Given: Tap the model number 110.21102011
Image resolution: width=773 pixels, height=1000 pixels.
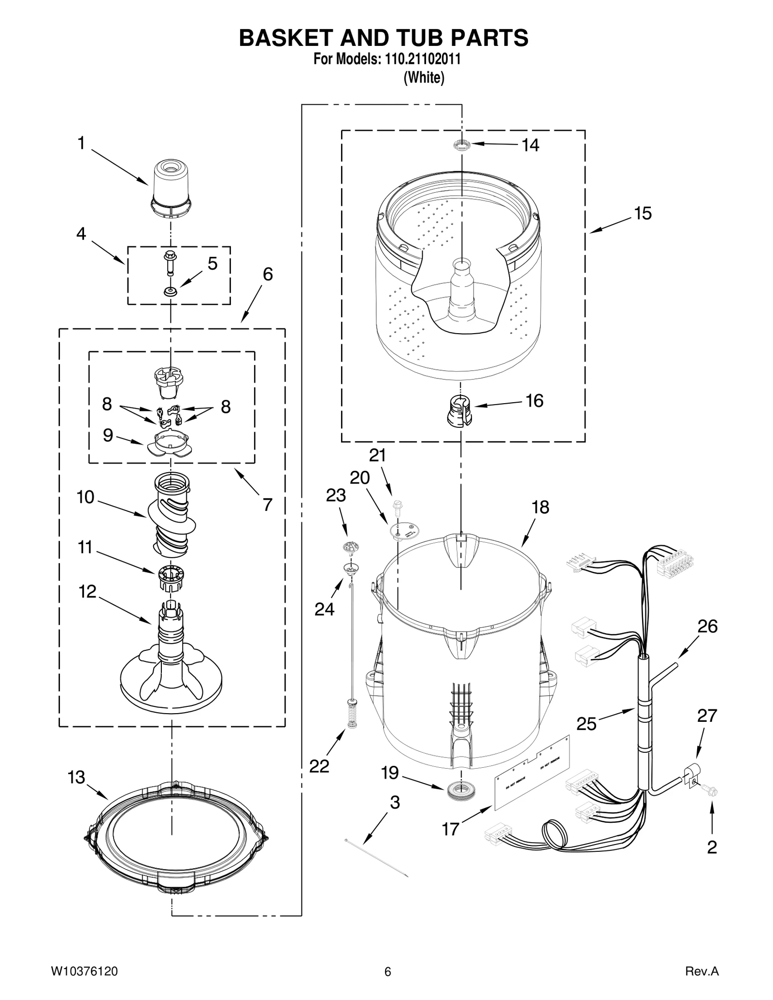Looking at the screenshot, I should click(422, 59).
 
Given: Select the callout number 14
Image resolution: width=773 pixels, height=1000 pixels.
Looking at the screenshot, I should click(530, 145).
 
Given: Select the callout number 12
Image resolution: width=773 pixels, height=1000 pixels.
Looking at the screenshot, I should click(87, 591).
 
